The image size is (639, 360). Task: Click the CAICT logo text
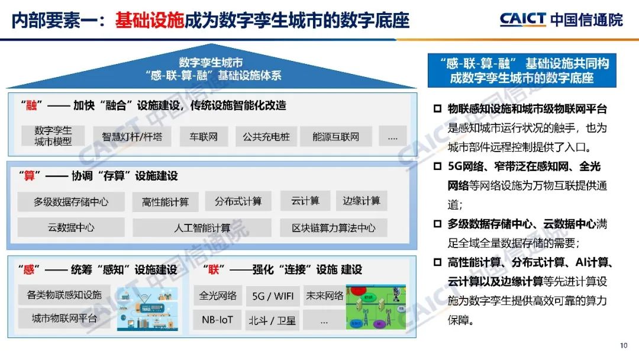(522, 20)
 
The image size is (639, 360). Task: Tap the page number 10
(624, 346)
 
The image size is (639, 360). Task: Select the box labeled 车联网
(204, 137)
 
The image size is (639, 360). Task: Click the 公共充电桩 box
(266, 137)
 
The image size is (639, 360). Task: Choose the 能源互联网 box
(336, 137)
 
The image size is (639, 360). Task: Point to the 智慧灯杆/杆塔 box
(131, 137)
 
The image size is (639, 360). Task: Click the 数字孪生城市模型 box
(53, 136)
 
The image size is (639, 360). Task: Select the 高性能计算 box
(166, 202)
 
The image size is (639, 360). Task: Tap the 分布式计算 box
(238, 201)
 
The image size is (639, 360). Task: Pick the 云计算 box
(305, 201)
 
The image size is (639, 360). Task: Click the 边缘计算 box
(362, 201)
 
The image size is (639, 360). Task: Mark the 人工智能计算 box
(202, 227)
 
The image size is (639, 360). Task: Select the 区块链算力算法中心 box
(334, 227)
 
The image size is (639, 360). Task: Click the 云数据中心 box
(71, 227)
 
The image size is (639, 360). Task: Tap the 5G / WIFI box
(273, 296)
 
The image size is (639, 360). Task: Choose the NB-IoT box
(218, 320)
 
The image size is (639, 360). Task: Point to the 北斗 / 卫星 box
(272, 320)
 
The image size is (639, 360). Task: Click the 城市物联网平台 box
(64, 319)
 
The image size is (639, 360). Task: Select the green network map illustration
(376, 307)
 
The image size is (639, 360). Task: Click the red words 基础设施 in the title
(150, 20)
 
